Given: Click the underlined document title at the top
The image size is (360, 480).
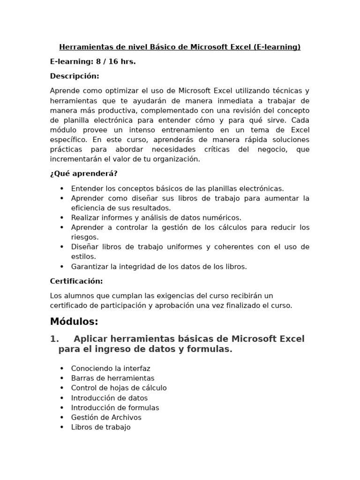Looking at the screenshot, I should (x=180, y=47).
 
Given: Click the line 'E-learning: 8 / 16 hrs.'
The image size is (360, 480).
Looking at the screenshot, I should (x=93, y=61).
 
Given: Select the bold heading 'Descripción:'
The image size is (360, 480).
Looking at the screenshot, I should (x=75, y=76).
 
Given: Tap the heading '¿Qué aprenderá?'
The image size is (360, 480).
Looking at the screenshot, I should (x=84, y=173).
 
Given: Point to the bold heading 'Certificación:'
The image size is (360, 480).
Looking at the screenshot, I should (x=76, y=281).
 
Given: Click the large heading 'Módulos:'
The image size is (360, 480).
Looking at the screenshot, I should (x=74, y=322).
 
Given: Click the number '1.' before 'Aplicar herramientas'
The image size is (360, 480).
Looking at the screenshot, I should (x=54, y=339).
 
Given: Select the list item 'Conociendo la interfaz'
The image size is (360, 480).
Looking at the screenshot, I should (x=111, y=368).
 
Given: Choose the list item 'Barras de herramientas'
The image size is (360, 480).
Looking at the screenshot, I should (x=112, y=378).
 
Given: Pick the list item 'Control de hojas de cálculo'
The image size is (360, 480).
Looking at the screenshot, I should (x=119, y=388).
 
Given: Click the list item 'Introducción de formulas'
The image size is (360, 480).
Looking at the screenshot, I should (x=115, y=408).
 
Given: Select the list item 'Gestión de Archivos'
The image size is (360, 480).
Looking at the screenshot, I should (x=106, y=417).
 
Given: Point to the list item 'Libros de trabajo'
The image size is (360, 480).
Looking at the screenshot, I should (x=101, y=427).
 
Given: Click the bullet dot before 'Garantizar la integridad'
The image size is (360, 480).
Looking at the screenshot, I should (x=62, y=267).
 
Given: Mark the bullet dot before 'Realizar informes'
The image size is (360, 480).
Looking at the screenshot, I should (x=62, y=217).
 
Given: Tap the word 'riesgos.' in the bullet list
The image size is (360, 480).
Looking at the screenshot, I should (x=85, y=237).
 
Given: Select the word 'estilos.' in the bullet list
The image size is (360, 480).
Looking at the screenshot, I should (x=83, y=257).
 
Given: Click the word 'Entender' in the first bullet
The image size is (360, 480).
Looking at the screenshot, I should (x=86, y=188).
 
